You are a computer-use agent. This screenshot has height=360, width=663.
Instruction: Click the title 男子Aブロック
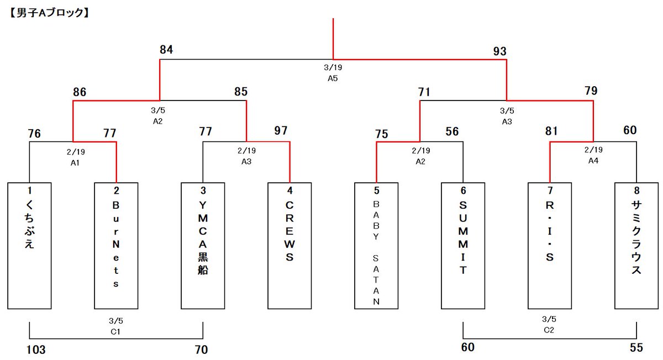coord(49,13)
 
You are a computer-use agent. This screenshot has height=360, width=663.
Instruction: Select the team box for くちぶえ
coord(29,246)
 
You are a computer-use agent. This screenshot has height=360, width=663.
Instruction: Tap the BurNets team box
coord(116,246)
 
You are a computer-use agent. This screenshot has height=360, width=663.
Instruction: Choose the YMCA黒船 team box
coord(203,246)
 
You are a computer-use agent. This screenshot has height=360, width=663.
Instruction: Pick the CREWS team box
coord(290,246)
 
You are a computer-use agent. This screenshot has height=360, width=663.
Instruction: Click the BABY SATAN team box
coord(376,246)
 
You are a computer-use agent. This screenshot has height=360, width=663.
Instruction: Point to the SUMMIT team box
coord(463,246)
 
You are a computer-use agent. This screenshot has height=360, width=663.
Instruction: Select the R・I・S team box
coord(550,246)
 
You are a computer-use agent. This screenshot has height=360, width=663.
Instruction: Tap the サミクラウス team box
coord(636,246)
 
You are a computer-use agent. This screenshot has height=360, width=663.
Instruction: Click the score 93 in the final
coord(500,51)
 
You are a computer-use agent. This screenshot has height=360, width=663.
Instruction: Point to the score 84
coord(166,50)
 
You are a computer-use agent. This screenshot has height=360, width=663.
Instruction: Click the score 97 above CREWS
coord(281,131)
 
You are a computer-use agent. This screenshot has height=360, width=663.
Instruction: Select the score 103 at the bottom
coord(36,350)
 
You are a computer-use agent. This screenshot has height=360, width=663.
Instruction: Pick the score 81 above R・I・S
coord(551,131)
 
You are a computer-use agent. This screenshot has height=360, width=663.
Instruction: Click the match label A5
coord(333,78)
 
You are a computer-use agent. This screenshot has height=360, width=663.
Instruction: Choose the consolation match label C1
coord(115,331)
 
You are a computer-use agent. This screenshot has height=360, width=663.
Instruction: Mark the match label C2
coord(549,330)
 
